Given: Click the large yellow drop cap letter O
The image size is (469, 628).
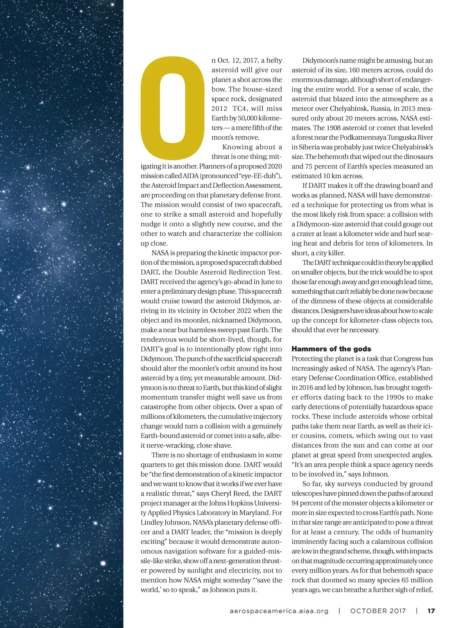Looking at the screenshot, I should click(172, 107).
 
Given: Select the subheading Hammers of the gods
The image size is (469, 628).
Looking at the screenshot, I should click(331, 349).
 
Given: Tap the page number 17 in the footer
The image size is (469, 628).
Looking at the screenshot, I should click(431, 611).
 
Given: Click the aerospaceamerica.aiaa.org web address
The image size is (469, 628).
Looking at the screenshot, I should click(279, 611).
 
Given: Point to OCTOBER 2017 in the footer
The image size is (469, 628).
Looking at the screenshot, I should click(378, 611).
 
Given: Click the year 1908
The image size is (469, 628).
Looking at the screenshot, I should click(334, 128).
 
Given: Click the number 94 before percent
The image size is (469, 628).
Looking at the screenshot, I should click(296, 503).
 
